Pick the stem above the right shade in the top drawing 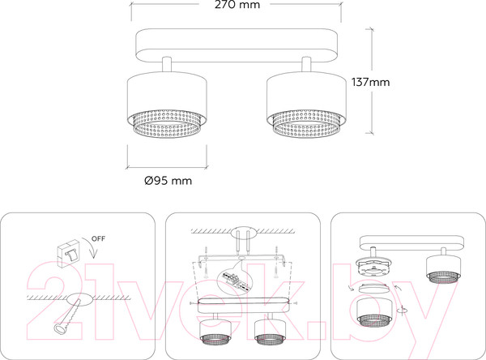[x=306, y=65]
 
